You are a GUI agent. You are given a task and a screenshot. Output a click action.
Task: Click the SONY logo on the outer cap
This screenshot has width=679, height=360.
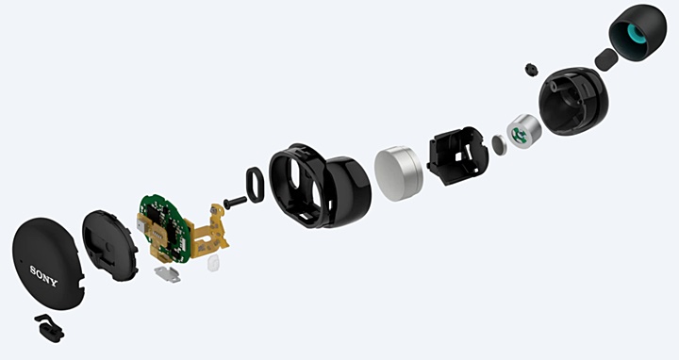point(44,273)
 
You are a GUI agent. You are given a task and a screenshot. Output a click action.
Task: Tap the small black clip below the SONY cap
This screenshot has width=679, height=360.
point(47,327)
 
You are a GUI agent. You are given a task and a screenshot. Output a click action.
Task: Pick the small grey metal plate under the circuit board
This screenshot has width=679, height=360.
point(168,272)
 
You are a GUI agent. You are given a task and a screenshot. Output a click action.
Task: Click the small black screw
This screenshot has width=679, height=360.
point(234,201)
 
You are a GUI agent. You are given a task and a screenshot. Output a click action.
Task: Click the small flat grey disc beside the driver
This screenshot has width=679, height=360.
point(497,145)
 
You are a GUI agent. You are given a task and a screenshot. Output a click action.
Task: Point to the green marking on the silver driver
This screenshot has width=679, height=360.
point(521,136)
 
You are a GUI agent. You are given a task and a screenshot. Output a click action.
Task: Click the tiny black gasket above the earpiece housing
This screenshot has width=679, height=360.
point(530,69)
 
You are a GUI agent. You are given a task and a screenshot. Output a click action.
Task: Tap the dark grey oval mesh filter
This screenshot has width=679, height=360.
point(605,58)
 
